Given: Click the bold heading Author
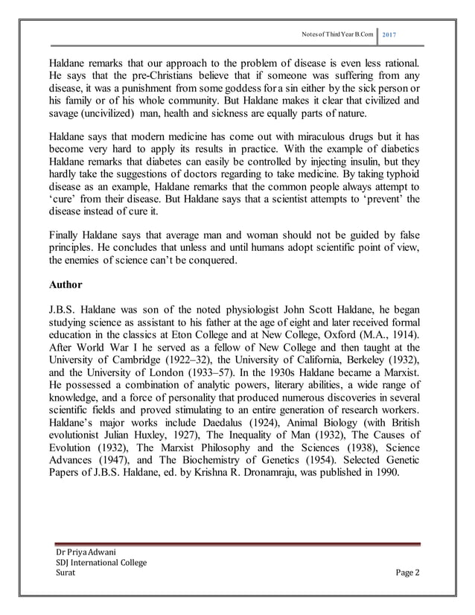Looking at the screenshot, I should (66, 284).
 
